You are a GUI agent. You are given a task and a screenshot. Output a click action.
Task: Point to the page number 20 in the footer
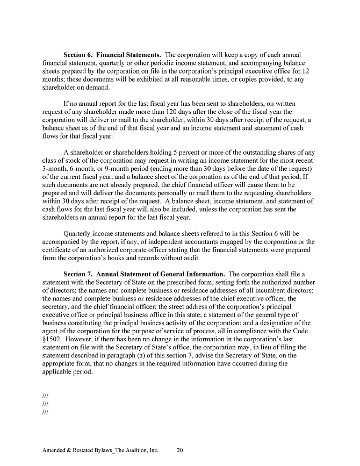pyautogui.click(x=181, y=450)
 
